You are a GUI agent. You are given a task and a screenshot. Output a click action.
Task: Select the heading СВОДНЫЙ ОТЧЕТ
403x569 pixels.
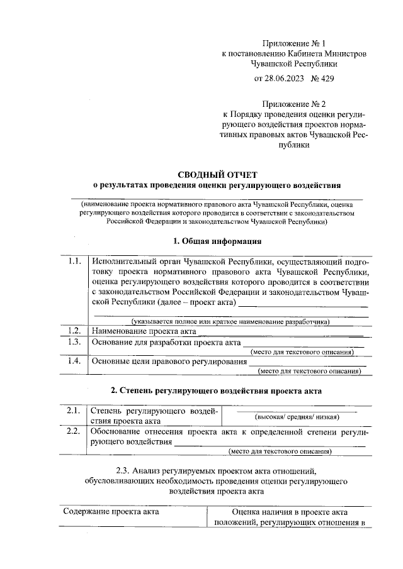pos(217,174)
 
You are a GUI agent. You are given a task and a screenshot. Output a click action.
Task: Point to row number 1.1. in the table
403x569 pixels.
pos(74,262)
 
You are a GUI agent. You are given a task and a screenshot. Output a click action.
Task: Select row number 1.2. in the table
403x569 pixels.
pos(74,330)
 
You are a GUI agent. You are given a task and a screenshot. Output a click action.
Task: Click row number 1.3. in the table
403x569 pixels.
pos(74,342)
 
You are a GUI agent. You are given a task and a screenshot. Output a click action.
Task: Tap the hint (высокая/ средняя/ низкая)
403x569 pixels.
pos(296,417)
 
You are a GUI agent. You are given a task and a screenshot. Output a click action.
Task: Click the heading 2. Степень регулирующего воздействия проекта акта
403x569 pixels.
pos(217,390)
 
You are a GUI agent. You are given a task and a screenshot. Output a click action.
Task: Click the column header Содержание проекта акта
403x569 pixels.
pos(111,511)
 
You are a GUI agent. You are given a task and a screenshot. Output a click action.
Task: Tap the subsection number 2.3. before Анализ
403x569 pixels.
pos(125,471)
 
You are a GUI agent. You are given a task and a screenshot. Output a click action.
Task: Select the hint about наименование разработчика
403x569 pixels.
pos(226,323)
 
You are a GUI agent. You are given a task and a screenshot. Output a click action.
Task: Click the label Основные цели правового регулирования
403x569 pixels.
pos(169,362)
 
